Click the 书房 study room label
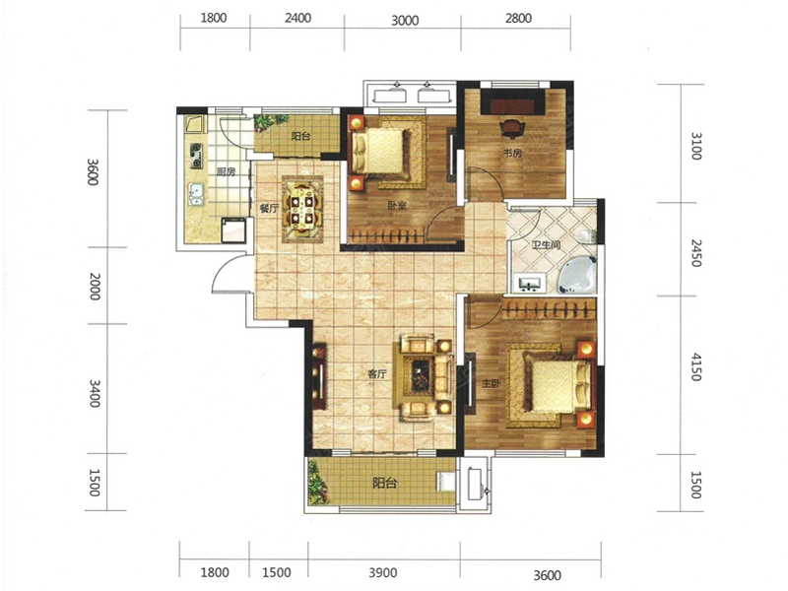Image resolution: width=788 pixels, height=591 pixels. pyautogui.click(x=512, y=154)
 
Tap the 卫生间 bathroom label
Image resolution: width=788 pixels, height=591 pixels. pyautogui.click(x=547, y=245)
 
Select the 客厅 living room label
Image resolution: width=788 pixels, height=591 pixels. pyautogui.click(x=377, y=374)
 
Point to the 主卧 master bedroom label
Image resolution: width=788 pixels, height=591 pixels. pyautogui.click(x=491, y=384)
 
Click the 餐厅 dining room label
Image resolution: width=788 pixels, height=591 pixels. pyautogui.click(x=269, y=208)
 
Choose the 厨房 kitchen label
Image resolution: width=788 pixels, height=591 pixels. pyautogui.click(x=227, y=171)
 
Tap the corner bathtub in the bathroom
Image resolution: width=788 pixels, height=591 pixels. pyautogui.click(x=577, y=275)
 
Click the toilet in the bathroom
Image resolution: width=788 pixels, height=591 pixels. pyautogui.click(x=587, y=236)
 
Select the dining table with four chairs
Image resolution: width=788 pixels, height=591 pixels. pyautogui.click(x=302, y=209)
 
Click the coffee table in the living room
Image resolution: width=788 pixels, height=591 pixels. pyautogui.click(x=422, y=374)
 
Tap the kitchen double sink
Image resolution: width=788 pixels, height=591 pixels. pyautogui.click(x=195, y=194)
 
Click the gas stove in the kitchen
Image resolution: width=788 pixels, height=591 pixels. pyautogui.click(x=195, y=156)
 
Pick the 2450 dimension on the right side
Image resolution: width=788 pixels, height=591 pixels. pyautogui.click(x=696, y=253)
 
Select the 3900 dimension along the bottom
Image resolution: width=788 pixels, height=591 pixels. pyautogui.click(x=383, y=572)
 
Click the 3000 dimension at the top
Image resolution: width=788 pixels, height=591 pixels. pyautogui.click(x=405, y=20)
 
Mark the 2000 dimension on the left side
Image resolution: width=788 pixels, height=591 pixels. pyautogui.click(x=95, y=287)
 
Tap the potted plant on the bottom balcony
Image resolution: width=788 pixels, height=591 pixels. pyautogui.click(x=316, y=484)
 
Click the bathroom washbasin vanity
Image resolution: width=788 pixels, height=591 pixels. pyautogui.click(x=529, y=284)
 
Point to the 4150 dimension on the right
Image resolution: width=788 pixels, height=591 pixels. pyautogui.click(x=696, y=366)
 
